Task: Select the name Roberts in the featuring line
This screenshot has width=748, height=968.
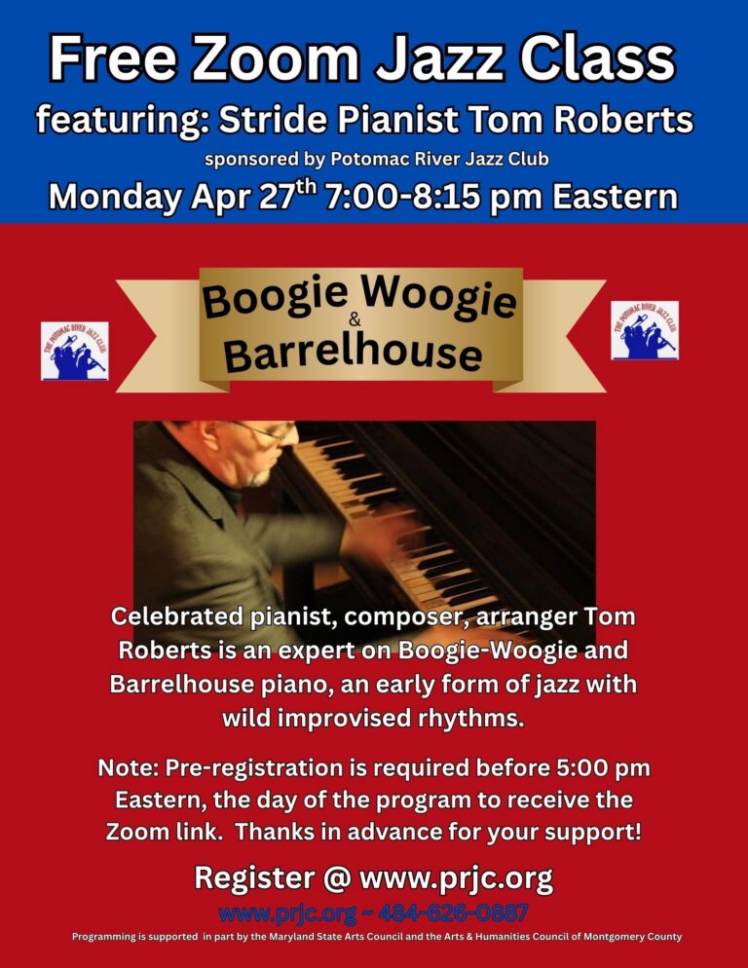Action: tap(624, 119)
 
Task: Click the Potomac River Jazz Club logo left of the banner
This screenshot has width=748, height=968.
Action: tap(75, 351)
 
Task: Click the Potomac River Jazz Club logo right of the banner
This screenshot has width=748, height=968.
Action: tap(645, 330)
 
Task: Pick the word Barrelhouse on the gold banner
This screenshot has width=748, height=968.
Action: tap(353, 353)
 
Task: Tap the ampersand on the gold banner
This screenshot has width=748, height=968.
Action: tap(355, 319)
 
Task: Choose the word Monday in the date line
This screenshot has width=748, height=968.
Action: tap(115, 197)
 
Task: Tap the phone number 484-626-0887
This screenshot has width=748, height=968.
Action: tap(453, 912)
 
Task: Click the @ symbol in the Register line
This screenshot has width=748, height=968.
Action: tap(337, 877)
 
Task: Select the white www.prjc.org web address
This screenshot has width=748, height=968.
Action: tap(456, 878)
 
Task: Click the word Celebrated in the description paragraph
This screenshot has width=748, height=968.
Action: tap(176, 616)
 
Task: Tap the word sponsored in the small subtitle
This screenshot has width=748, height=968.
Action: tap(251, 160)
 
